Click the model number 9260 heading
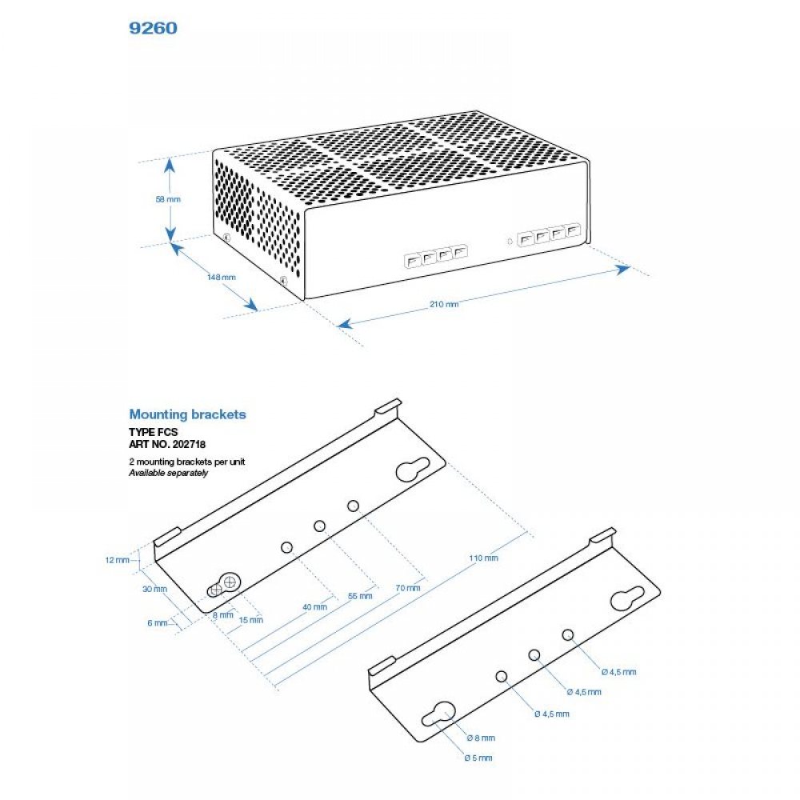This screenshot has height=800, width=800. [x=153, y=28]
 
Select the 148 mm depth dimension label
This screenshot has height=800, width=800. [x=221, y=277]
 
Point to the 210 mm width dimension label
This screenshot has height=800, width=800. [x=444, y=304]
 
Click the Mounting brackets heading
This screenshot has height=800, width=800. [x=187, y=414]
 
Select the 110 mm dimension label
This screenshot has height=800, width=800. [x=484, y=558]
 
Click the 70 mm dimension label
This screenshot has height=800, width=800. [x=407, y=588]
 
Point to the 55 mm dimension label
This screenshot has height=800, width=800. [x=361, y=596]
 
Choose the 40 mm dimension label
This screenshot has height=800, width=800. [x=314, y=606]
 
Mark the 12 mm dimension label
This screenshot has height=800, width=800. [x=117, y=560]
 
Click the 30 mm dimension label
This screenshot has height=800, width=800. [x=155, y=590]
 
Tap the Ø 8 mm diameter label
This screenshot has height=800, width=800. [x=480, y=738]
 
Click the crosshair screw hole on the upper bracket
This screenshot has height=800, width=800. [x=230, y=582]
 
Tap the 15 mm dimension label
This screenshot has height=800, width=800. [x=250, y=620]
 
